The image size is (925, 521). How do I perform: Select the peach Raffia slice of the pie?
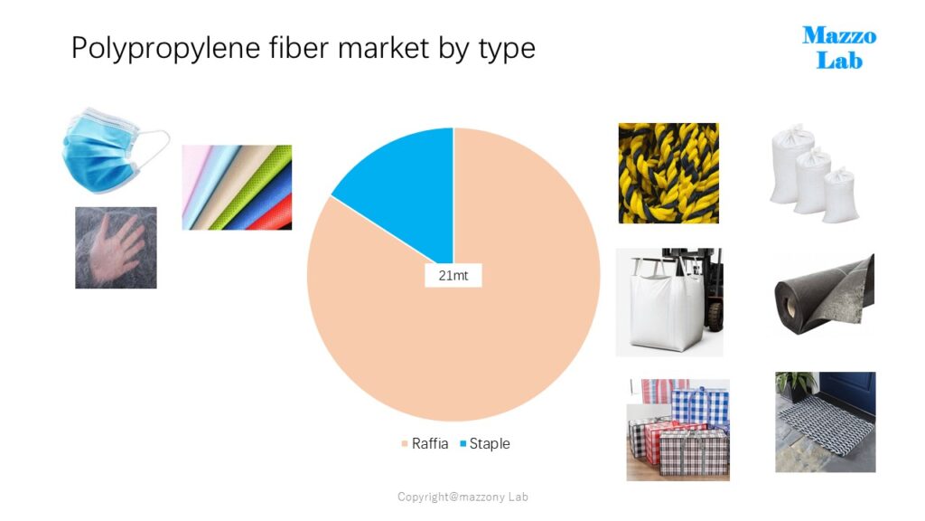[x=472, y=331]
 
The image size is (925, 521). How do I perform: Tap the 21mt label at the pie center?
[x=453, y=275]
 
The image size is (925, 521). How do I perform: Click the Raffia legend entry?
[x=425, y=443]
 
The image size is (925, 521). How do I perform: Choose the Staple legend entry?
[x=485, y=443]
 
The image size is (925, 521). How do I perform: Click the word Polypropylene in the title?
[x=165, y=48]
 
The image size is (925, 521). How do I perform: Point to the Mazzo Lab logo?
[x=839, y=48]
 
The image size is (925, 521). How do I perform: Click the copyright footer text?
[x=462, y=497]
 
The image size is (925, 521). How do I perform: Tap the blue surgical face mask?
[x=103, y=151]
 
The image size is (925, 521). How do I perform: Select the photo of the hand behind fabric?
[x=116, y=248]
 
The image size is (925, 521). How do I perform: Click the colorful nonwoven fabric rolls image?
[x=237, y=187]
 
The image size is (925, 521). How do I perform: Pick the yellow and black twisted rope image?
[x=668, y=173]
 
